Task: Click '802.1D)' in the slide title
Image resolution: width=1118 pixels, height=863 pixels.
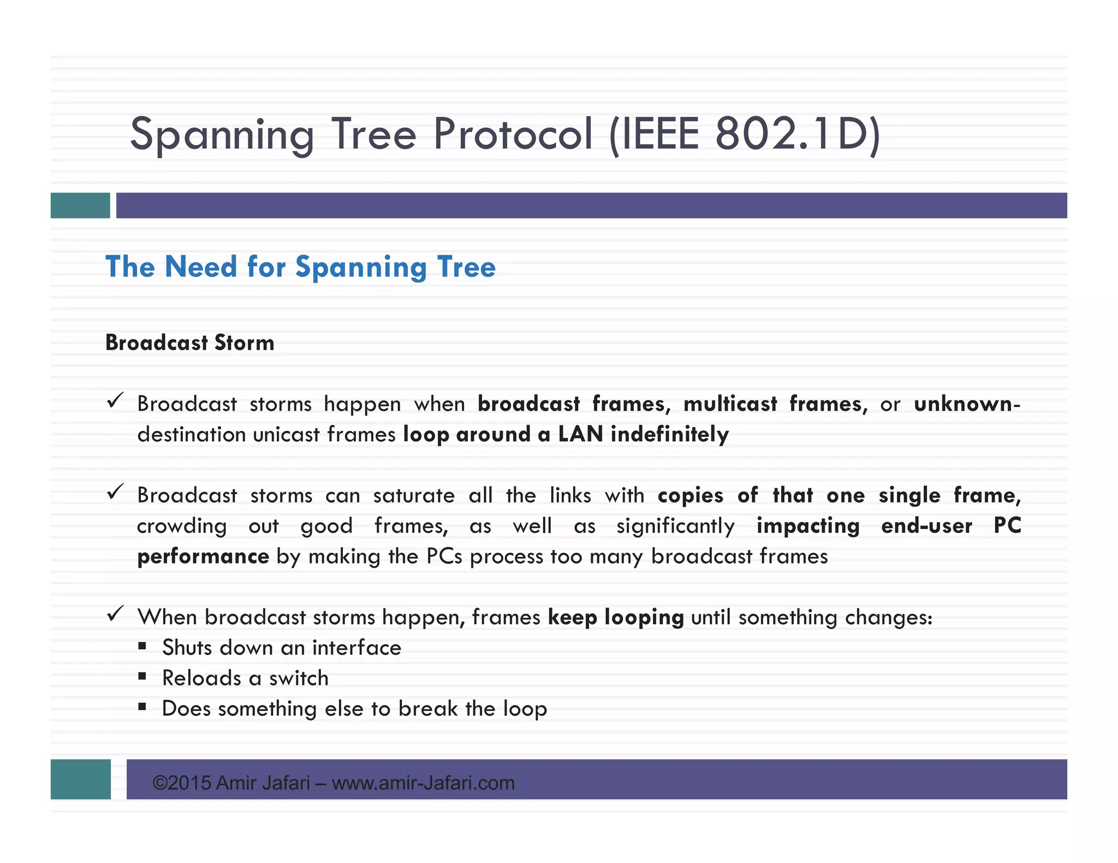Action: (x=797, y=134)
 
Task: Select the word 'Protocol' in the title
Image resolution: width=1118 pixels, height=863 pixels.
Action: (x=513, y=134)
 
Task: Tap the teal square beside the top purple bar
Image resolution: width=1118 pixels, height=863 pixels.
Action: (x=80, y=206)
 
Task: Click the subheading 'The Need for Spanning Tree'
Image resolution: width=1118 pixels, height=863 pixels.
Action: (x=300, y=267)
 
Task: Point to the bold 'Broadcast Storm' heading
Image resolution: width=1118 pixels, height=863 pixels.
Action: (x=189, y=343)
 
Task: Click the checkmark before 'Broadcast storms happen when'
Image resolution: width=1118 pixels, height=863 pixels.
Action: (x=115, y=401)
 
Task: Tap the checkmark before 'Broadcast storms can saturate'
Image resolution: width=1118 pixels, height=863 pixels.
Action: (x=115, y=492)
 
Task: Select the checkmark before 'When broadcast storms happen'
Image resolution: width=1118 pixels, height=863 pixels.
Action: (x=115, y=614)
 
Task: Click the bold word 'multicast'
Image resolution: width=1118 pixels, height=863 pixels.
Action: (x=730, y=404)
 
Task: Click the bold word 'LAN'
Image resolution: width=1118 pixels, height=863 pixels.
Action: (x=580, y=435)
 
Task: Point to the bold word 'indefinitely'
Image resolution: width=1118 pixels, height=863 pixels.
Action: (x=669, y=435)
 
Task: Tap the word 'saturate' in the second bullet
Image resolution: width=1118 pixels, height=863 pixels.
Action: (x=414, y=495)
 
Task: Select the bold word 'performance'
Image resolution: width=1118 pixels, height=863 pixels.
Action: (x=203, y=557)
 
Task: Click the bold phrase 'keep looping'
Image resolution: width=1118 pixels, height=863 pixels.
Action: (x=616, y=618)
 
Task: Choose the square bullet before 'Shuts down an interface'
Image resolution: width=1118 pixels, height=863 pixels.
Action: (x=142, y=646)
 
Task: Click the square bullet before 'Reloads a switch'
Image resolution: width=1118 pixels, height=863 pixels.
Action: (x=142, y=677)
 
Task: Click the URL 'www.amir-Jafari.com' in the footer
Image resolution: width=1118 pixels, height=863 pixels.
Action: (x=423, y=783)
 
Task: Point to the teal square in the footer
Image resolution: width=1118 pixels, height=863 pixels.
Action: (x=81, y=779)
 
